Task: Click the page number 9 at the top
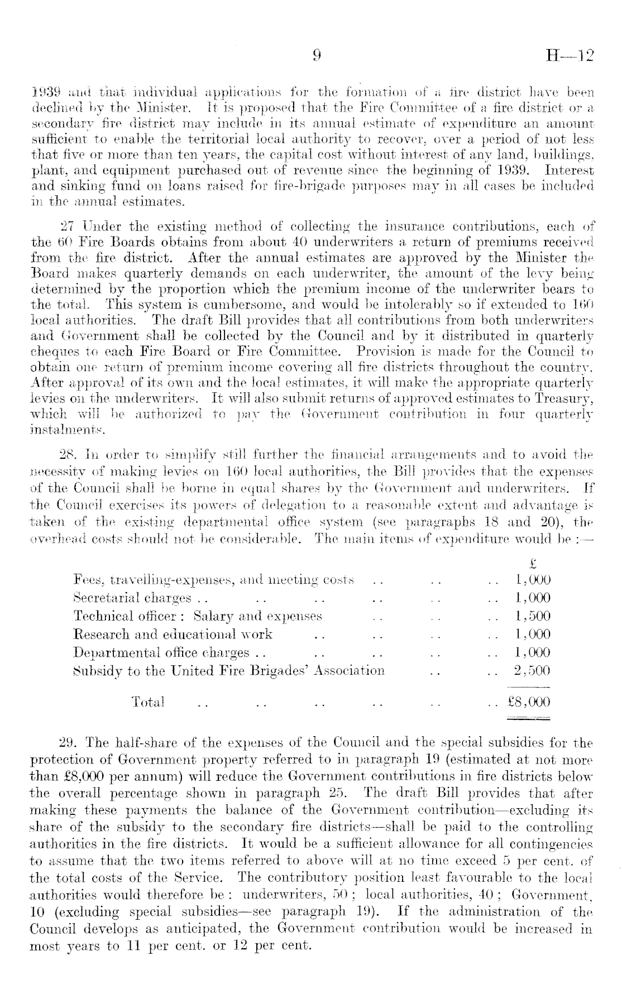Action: tap(317, 56)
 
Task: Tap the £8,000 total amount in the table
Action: tap(528, 702)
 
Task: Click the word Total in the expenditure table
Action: tap(147, 702)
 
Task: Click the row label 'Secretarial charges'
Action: tap(132, 598)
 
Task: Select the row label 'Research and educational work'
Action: tap(173, 634)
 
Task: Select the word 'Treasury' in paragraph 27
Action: tap(569, 399)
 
